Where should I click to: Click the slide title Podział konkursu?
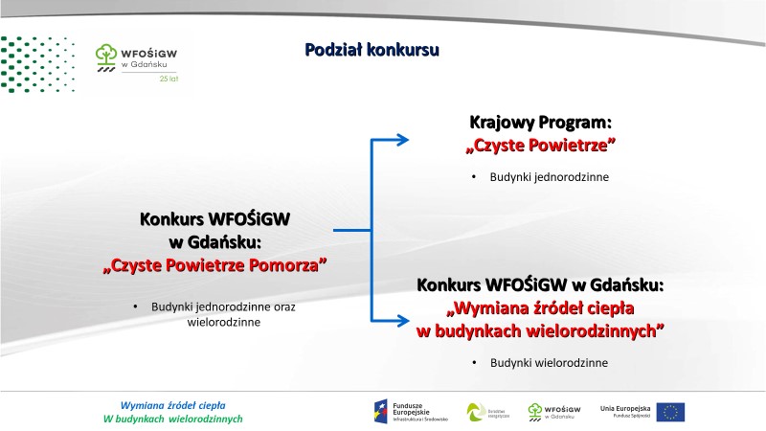tap(372, 49)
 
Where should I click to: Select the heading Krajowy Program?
tap(540, 124)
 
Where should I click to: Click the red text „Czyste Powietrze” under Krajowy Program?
tap(540, 146)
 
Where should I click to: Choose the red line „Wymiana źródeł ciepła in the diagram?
tap(541, 308)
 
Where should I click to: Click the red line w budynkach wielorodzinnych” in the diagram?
tap(541, 330)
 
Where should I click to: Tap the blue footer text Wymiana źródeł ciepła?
tap(172, 404)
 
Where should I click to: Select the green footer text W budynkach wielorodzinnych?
tap(172, 420)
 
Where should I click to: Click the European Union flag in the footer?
tap(671, 412)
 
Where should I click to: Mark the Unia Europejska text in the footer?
tap(625, 407)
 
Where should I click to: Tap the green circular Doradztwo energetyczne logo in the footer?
tap(476, 412)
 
